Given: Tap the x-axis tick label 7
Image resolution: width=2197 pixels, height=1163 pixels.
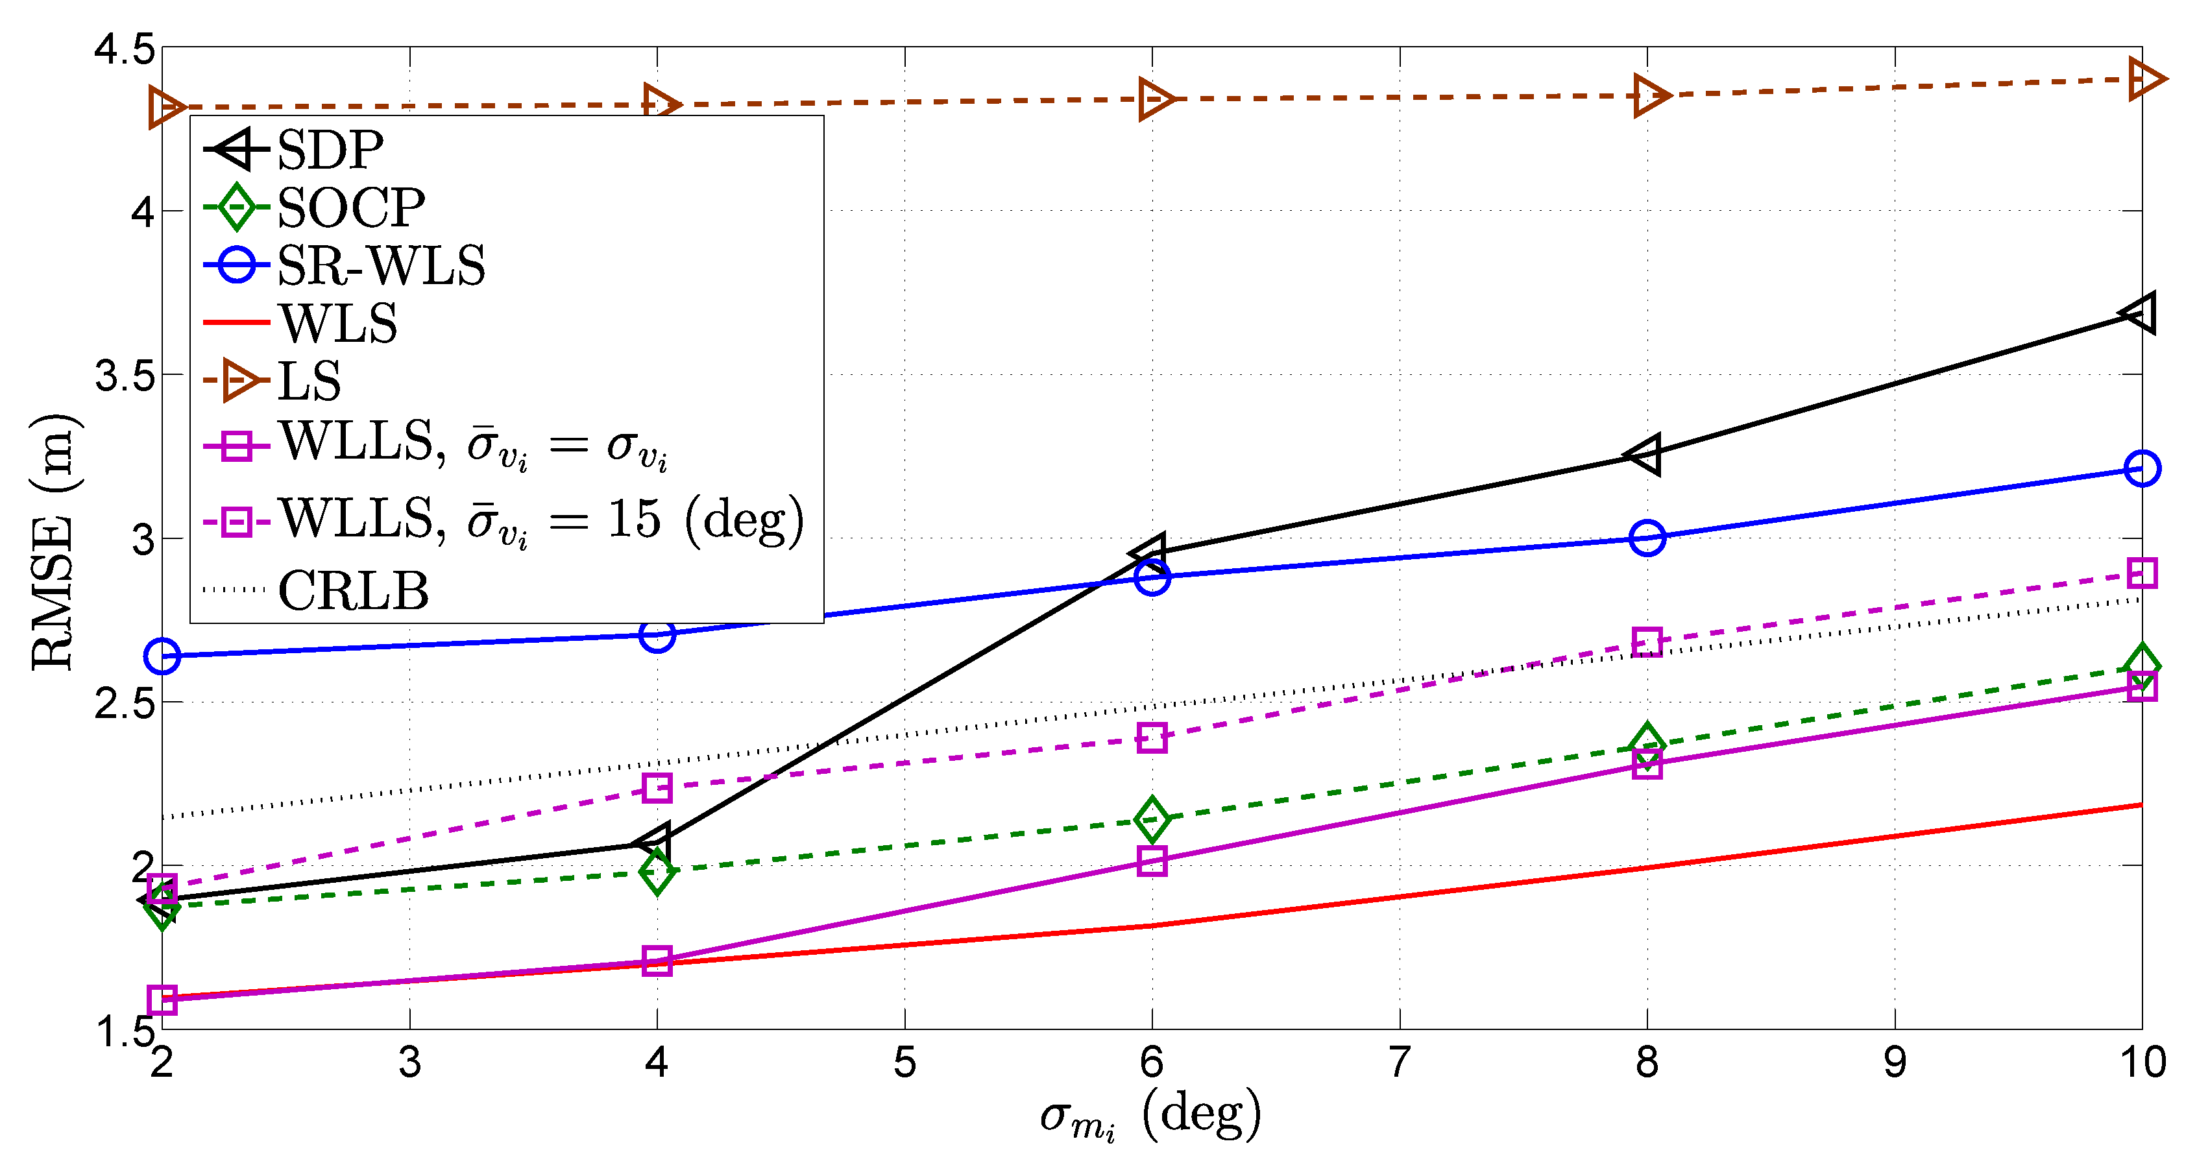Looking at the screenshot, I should [1399, 1062].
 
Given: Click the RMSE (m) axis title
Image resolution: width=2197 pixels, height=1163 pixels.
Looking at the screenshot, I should [53, 542].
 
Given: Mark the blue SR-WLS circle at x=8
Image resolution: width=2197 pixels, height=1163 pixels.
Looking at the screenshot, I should [1647, 538].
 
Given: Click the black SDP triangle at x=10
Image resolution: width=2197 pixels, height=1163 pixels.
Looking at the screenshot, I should [2139, 313].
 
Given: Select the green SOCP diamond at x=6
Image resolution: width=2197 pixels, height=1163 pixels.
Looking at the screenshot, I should [1152, 819].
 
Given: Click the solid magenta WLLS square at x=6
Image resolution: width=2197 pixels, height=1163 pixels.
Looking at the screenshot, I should [1152, 861].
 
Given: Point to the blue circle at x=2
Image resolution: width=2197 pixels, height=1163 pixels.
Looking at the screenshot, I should [162, 656].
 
